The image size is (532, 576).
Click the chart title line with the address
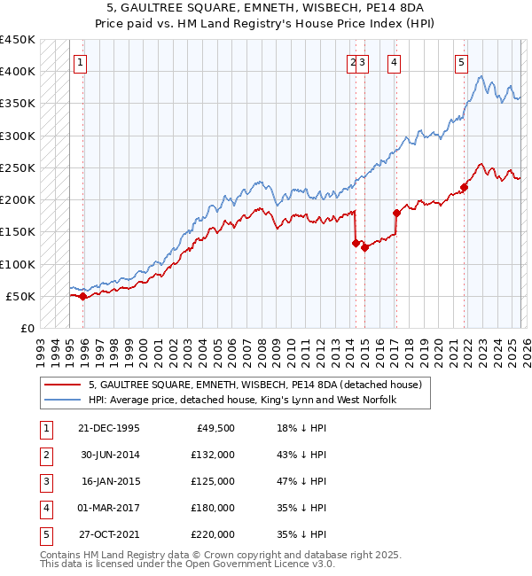click(x=266, y=7)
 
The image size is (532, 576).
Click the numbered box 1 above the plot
click(x=81, y=62)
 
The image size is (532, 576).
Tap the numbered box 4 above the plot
click(x=393, y=62)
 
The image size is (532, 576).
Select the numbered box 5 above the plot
click(x=462, y=62)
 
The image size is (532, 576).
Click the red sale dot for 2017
click(x=396, y=213)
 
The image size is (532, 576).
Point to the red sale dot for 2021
click(x=464, y=187)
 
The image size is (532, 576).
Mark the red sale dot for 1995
click(x=83, y=297)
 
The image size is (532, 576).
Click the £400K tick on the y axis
click(x=18, y=72)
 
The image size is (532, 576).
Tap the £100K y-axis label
click(x=18, y=264)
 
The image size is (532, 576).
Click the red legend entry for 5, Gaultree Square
click(x=257, y=385)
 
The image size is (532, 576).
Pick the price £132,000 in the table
click(x=213, y=455)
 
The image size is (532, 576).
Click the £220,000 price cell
click(x=213, y=534)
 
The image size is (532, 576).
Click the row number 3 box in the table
click(x=45, y=481)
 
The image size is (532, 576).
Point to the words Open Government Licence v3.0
click(x=265, y=564)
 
